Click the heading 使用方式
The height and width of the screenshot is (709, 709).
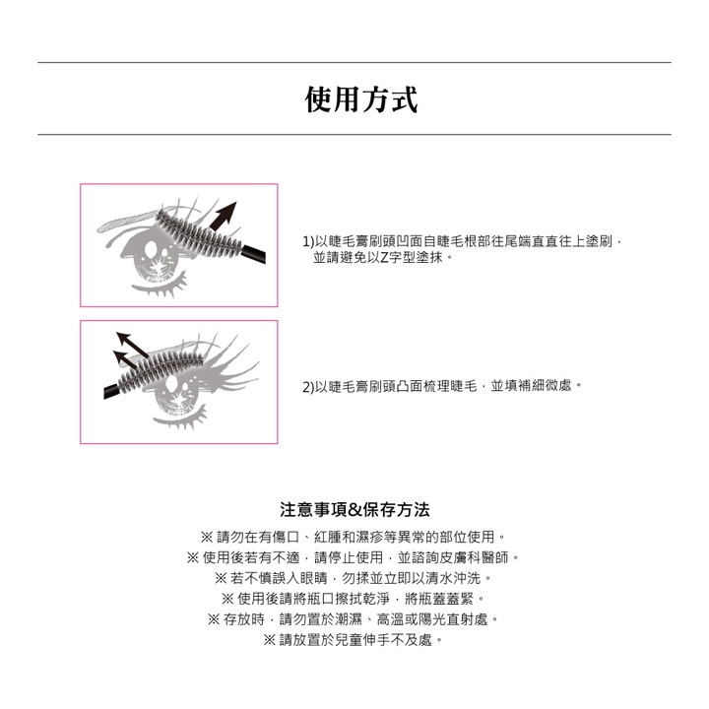point(360,99)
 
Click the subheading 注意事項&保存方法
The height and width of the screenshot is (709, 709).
point(354,510)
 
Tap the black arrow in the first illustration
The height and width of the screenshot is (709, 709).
point(224,216)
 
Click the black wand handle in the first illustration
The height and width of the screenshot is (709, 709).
point(254,254)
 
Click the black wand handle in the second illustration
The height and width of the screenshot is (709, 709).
point(113,390)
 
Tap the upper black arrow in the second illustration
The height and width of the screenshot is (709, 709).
point(132,344)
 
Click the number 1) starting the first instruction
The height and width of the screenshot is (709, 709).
point(308,242)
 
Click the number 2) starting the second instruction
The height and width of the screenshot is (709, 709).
point(308,387)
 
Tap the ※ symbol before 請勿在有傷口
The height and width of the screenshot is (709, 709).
point(207,537)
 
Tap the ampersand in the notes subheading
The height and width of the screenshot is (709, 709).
point(355,510)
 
